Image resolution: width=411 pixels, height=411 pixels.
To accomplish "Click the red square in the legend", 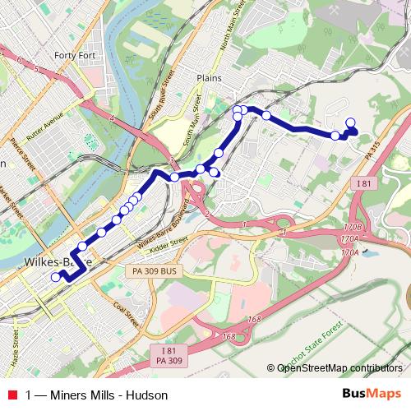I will [x=11, y=395].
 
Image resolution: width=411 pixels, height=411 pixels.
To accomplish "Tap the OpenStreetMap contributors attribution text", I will [x=339, y=368].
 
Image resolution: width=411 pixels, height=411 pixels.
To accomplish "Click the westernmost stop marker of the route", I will [x=56, y=277].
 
